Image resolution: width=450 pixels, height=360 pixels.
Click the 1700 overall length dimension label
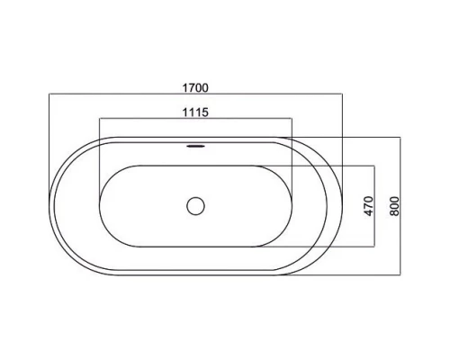[195, 88]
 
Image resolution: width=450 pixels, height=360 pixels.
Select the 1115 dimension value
[195, 112]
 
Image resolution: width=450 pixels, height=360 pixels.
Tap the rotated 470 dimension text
[369, 206]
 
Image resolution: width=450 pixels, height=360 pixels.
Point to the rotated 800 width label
[395, 206]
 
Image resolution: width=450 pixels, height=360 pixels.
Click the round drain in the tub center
[195, 206]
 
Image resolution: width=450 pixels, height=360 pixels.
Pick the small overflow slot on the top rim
[195, 146]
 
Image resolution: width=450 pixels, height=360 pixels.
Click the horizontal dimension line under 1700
[195, 94]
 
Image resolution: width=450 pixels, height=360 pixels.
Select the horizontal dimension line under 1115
[195, 119]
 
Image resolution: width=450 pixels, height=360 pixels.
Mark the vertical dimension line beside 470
[374, 206]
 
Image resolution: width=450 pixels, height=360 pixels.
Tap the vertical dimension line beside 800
[400, 206]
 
